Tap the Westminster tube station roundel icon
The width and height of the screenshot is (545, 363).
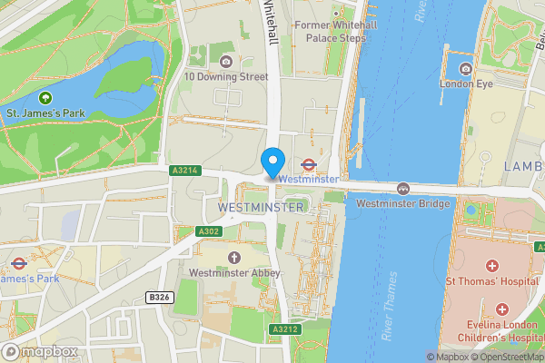308,165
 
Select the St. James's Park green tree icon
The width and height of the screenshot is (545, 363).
45,97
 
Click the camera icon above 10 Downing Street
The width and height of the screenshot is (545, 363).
226,61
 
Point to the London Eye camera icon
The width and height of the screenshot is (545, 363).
465,69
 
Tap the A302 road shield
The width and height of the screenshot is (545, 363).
208,231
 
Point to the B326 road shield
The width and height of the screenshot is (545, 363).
159,297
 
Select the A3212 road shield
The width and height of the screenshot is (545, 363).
284,329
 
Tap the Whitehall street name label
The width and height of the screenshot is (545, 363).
272,20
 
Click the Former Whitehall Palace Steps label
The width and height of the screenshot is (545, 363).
330,31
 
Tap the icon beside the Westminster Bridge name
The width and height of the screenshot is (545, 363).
402,188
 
